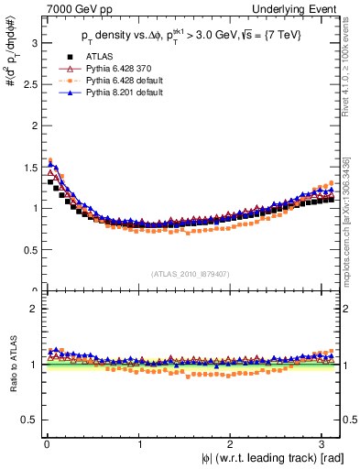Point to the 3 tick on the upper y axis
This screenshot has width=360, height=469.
[x=33, y=42]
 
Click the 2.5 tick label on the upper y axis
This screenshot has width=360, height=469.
[x=28, y=83]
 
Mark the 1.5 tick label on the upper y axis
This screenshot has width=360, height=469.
[x=28, y=167]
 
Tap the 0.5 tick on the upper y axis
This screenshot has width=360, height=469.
[x=28, y=249]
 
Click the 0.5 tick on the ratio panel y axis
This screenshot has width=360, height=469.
[x=28, y=420]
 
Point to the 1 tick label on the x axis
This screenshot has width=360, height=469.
[x=140, y=443]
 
